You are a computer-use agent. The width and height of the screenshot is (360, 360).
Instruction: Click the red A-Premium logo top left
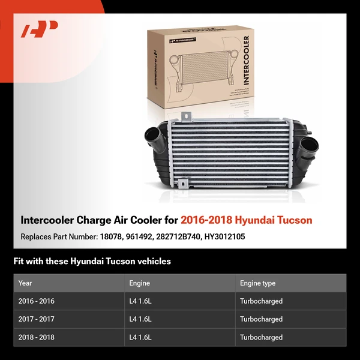[x=40, y=29]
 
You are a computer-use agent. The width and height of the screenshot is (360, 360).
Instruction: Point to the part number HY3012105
[x=225, y=237]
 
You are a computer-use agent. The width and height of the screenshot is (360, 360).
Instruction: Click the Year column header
[x=25, y=283]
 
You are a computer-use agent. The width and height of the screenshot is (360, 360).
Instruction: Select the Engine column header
[x=139, y=283]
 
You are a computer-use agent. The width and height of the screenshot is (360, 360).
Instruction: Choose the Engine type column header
[x=257, y=283]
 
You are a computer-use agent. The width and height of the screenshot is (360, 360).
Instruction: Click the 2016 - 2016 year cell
[x=36, y=301]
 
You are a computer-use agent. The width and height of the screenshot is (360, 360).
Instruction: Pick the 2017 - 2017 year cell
[x=36, y=319]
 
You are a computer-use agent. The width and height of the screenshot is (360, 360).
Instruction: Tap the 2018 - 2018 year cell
[x=36, y=337]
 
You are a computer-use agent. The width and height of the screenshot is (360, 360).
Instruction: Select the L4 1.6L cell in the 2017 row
[x=140, y=319]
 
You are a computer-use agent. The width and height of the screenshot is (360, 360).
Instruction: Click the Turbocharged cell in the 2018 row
[x=261, y=337]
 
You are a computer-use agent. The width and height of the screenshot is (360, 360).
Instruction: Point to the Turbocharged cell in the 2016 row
[x=261, y=301]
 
